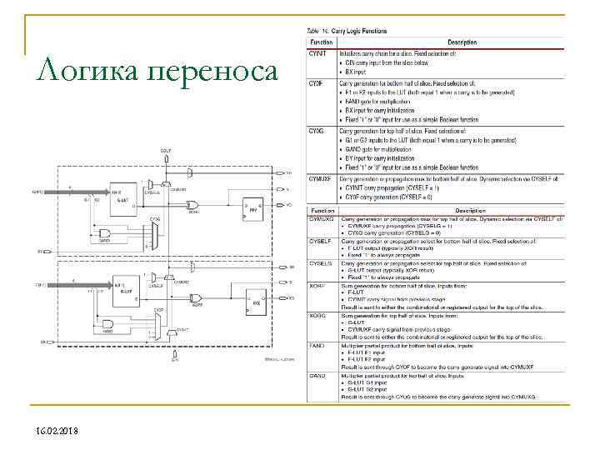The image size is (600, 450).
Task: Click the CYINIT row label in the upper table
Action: click(x=318, y=53)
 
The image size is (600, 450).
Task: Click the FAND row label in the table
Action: click(x=317, y=342)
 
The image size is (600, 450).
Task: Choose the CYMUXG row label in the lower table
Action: click(x=322, y=217)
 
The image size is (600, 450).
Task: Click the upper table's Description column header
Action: click(x=462, y=42)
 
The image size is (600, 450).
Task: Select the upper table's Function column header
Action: click(x=322, y=42)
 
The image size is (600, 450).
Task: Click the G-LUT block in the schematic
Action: click(x=122, y=194)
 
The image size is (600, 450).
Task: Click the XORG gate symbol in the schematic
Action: click(x=192, y=204)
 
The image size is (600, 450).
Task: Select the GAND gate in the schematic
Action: click(x=106, y=232)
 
